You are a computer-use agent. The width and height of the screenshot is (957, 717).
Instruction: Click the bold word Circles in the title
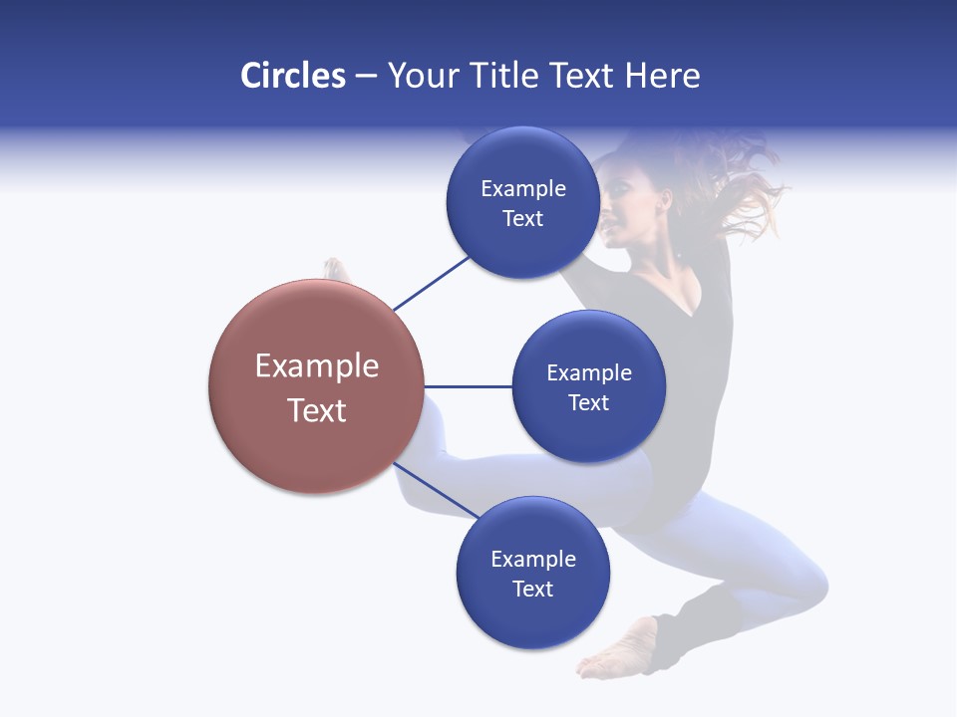292,76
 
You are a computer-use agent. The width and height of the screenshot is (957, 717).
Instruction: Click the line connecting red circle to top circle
431,283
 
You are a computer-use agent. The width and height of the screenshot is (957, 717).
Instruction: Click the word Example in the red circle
317,366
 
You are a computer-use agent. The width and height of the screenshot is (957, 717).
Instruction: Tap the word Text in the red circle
317,410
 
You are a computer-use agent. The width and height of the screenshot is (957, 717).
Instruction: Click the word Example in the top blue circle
522,189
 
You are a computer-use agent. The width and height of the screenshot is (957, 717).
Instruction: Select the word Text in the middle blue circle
588,403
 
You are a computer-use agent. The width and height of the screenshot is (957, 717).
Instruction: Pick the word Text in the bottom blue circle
532,590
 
